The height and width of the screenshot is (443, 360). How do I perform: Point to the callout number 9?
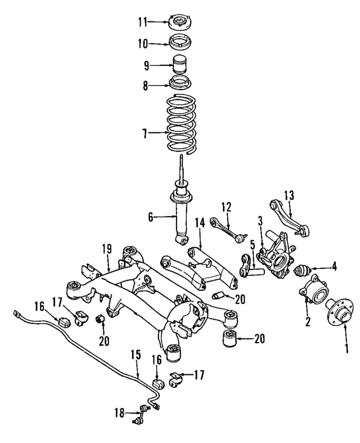pos(146,65)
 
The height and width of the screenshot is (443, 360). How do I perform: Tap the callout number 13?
pos(289,195)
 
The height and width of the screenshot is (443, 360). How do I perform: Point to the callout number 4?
pos(335,267)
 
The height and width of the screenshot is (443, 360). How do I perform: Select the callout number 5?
pos(253,245)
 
